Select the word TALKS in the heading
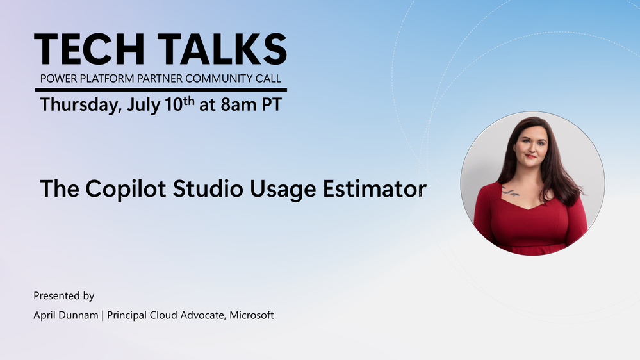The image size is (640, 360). coord(222,49)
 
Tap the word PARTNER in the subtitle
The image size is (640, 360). coord(160,78)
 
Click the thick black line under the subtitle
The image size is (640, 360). coord(161,90)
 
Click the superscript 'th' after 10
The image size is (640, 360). coord(188,101)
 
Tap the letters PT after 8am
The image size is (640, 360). coord(272,105)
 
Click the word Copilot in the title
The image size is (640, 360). coord(126,189)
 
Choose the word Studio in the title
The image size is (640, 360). coord(208,188)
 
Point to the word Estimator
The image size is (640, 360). coord(375,188)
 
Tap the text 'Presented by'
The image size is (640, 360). coord(63,296)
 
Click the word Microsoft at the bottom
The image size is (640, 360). coord(251,315)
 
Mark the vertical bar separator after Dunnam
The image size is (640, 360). coord(103,316)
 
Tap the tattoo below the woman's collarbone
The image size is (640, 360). coord(510,191)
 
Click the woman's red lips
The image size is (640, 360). coord(531,156)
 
